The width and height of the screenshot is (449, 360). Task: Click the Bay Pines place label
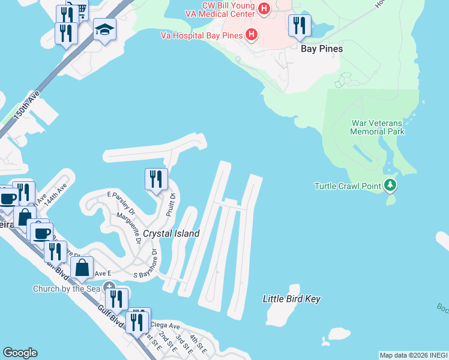(321, 49)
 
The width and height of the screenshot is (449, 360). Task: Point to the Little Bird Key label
(292, 299)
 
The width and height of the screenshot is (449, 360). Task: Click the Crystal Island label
(171, 233)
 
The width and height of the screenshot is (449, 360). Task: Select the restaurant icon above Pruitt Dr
(155, 179)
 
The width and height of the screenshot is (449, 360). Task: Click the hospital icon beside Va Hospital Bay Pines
(252, 35)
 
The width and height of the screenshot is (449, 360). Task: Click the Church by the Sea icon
(109, 287)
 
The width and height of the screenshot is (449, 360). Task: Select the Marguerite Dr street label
(128, 229)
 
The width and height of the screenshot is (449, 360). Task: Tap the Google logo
(20, 353)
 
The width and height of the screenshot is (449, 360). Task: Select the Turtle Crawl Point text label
(348, 186)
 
